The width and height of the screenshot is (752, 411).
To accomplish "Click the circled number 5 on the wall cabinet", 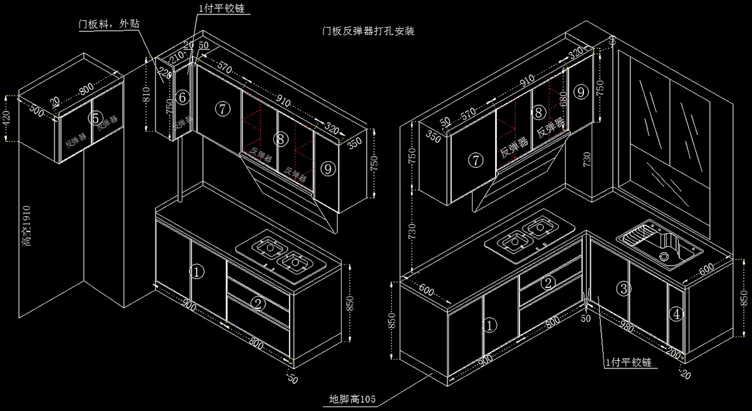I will [95, 117].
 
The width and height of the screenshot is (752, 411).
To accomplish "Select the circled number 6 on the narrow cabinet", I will [182, 97].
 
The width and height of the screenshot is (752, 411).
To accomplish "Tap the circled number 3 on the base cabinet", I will [622, 289].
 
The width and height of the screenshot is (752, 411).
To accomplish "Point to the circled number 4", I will [676, 314].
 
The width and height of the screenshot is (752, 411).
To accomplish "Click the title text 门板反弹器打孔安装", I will [368, 30].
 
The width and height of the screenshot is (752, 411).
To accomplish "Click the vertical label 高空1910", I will [26, 226].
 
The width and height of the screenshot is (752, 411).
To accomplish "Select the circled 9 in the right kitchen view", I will [581, 92].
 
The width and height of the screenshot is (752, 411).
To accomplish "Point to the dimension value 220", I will [161, 75].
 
